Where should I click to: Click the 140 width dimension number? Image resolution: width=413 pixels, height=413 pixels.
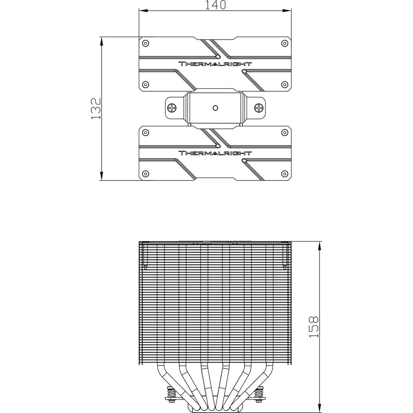pyautogui.click(x=215, y=5)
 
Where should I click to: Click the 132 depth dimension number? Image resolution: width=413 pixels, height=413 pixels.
pyautogui.click(x=96, y=109)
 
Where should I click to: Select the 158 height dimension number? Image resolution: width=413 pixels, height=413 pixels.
pyautogui.click(x=313, y=327)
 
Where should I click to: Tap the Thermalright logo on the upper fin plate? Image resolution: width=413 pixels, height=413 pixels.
pyautogui.click(x=215, y=64)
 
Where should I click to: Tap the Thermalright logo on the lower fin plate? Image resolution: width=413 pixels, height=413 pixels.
pyautogui.click(x=215, y=153)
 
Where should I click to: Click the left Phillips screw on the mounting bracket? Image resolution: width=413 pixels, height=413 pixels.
pyautogui.click(x=172, y=107)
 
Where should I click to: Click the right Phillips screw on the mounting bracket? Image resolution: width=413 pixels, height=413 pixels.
pyautogui.click(x=259, y=107)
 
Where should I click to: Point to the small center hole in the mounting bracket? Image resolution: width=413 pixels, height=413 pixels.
pyautogui.click(x=216, y=108)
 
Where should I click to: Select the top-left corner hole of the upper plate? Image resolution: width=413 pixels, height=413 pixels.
pyautogui.click(x=145, y=43)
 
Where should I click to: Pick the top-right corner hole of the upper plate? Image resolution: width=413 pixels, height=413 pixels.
pyautogui.click(x=285, y=43)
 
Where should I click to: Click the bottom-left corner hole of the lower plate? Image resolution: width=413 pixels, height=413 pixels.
pyautogui.click(x=145, y=173)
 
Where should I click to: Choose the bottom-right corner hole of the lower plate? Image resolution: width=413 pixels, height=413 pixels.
pyautogui.click(x=285, y=173)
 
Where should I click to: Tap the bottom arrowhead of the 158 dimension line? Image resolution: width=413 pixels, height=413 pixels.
pyautogui.click(x=320, y=408)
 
